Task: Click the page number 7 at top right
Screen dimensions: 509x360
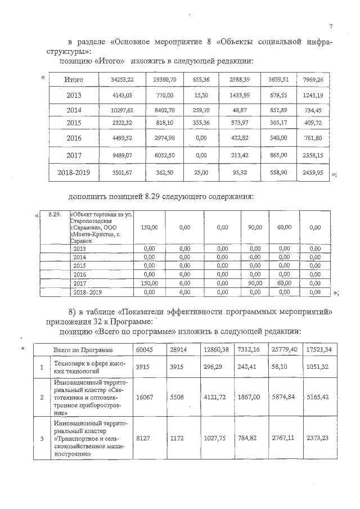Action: click(331, 26)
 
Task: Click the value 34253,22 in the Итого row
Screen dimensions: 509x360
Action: click(123, 80)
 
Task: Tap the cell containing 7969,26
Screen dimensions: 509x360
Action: click(312, 80)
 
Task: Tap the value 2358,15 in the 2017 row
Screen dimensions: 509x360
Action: click(312, 155)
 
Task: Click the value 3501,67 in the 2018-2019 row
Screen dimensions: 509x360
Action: click(122, 173)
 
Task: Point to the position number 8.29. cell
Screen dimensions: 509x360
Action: click(55, 214)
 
